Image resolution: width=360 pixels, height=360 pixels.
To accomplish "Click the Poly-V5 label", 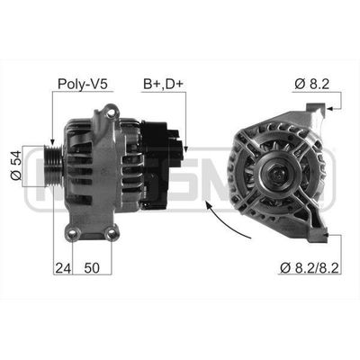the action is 82,84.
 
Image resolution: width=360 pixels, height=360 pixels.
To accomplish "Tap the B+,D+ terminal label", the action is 163,84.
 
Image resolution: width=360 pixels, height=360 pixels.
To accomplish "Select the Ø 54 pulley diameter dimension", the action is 16,166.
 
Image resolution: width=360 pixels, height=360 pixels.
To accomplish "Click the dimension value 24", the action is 63,268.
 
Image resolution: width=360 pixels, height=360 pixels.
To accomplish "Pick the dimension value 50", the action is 92,268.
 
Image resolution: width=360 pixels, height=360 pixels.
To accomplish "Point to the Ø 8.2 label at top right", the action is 311,84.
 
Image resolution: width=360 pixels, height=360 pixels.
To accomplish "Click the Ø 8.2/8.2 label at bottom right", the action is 310,268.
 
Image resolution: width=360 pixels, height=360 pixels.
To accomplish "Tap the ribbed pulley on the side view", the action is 53,166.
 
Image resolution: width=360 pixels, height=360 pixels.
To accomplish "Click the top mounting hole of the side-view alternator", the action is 112,113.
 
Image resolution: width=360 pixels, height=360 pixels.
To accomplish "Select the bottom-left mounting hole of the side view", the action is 73,234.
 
